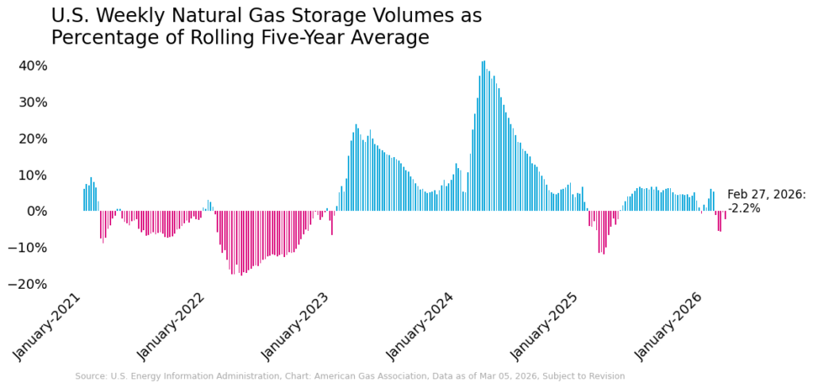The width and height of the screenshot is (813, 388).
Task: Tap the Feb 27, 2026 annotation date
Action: pos(766,195)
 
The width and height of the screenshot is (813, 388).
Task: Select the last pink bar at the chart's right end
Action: pos(725,215)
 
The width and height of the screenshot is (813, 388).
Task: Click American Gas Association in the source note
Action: pos(395,376)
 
